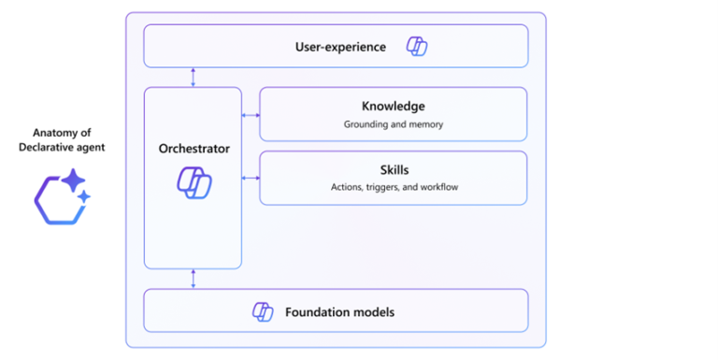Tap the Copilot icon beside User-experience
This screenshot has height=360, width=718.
click(416, 47)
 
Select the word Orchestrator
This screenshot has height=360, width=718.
click(194, 149)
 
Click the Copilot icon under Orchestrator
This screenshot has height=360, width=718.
click(194, 181)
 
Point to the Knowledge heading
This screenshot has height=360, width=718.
click(393, 107)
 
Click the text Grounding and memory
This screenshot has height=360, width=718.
click(393, 123)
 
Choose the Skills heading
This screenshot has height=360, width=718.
click(393, 170)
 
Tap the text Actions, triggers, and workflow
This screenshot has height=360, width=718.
click(394, 187)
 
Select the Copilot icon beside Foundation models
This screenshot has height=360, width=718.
click(263, 311)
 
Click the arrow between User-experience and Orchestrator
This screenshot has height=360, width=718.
click(194, 78)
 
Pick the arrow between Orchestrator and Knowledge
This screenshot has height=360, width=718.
click(251, 115)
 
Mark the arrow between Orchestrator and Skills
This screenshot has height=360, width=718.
click(251, 178)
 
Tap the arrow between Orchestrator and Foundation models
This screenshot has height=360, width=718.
click(194, 279)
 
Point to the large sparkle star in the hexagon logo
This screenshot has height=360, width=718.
click(72, 180)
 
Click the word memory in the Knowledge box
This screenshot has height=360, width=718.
click(424, 123)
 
